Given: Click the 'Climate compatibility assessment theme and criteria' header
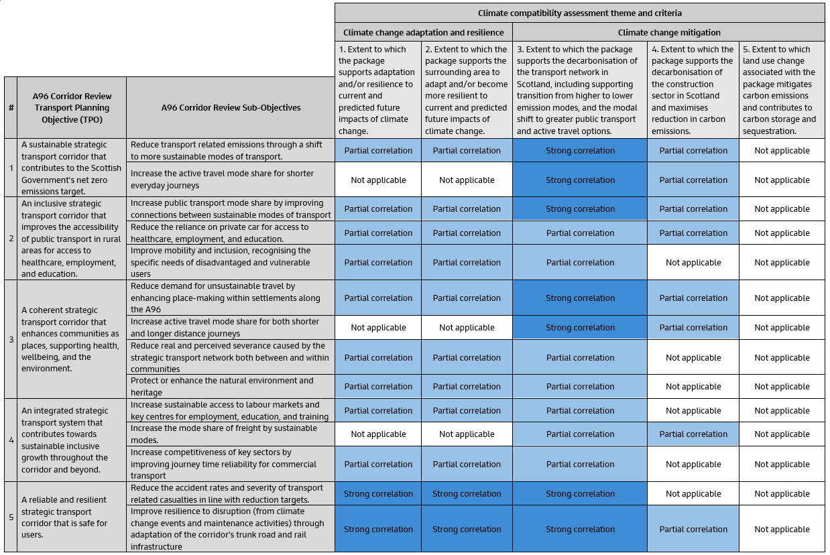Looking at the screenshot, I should click(x=580, y=13).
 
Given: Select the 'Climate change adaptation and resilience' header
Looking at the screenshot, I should click(x=423, y=32).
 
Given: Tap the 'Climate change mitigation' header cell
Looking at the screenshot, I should click(x=668, y=32).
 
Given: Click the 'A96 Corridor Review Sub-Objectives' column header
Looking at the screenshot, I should click(x=231, y=107).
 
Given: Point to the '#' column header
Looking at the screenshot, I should click(x=11, y=107).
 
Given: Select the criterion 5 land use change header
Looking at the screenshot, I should click(x=782, y=90).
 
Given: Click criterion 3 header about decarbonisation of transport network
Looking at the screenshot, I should click(x=580, y=90).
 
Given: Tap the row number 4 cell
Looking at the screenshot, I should click(x=11, y=440).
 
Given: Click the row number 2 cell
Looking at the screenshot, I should click(x=11, y=238).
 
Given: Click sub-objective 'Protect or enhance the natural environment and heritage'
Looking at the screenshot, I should click(x=231, y=386).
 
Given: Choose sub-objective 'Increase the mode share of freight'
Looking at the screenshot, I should click(x=231, y=434).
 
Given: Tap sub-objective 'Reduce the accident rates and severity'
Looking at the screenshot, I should click(x=231, y=493).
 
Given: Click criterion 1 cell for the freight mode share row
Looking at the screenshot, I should click(x=378, y=434).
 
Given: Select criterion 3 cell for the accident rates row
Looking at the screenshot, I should click(x=580, y=494).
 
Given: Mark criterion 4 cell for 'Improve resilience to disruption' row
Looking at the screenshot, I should click(x=693, y=530).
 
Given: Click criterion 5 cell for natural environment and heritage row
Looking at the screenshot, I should click(x=782, y=387).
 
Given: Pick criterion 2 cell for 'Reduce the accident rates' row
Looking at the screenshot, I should click(x=467, y=494).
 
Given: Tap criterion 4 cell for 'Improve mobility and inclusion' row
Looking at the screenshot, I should click(x=693, y=263).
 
